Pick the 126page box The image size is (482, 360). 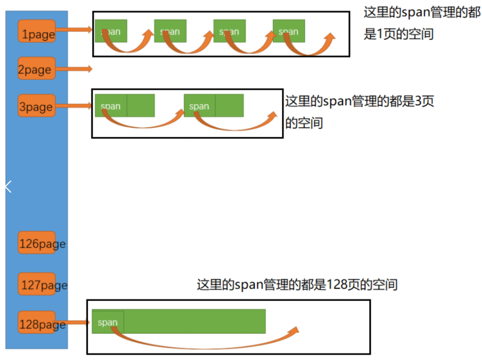pyautogui.click(x=37, y=242)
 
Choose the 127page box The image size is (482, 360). pyautogui.click(x=37, y=284)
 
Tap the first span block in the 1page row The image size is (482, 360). pyautogui.click(x=111, y=31)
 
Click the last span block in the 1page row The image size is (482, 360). pyautogui.click(x=289, y=31)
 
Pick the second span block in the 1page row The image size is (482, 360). pyautogui.click(x=170, y=31)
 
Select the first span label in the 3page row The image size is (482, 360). pyautogui.click(x=111, y=106)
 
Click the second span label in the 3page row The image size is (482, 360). pyautogui.click(x=199, y=106)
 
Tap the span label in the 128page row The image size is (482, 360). pyautogui.click(x=108, y=322)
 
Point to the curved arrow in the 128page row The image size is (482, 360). pyautogui.click(x=205, y=337)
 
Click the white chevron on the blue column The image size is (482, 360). pyautogui.click(x=8, y=186)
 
